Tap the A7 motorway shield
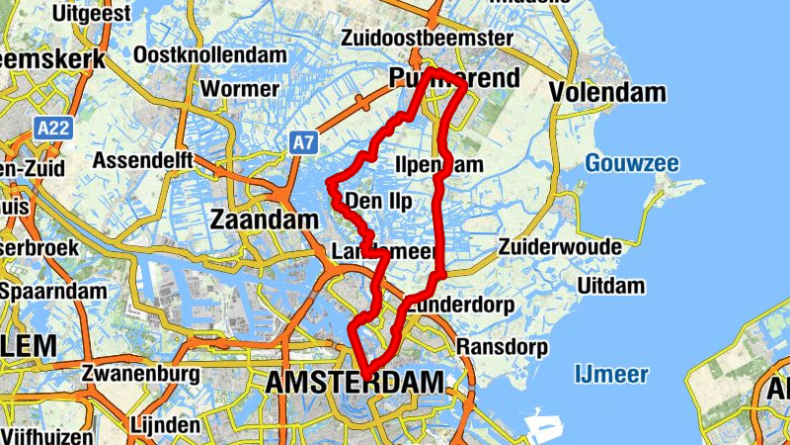coord(303,143)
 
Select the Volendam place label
coord(607,94)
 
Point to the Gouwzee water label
coord(631,163)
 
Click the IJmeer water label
coord(611,374)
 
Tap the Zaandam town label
coord(260,220)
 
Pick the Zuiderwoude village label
coord(574,246)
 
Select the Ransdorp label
coord(502,347)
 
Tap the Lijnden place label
coord(164,425)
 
